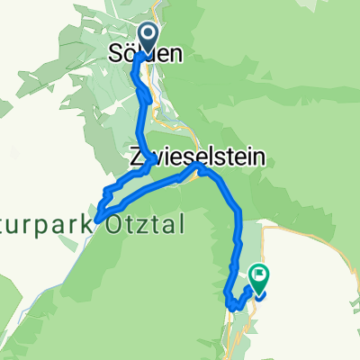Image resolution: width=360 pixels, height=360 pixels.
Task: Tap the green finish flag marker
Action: (258, 280)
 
